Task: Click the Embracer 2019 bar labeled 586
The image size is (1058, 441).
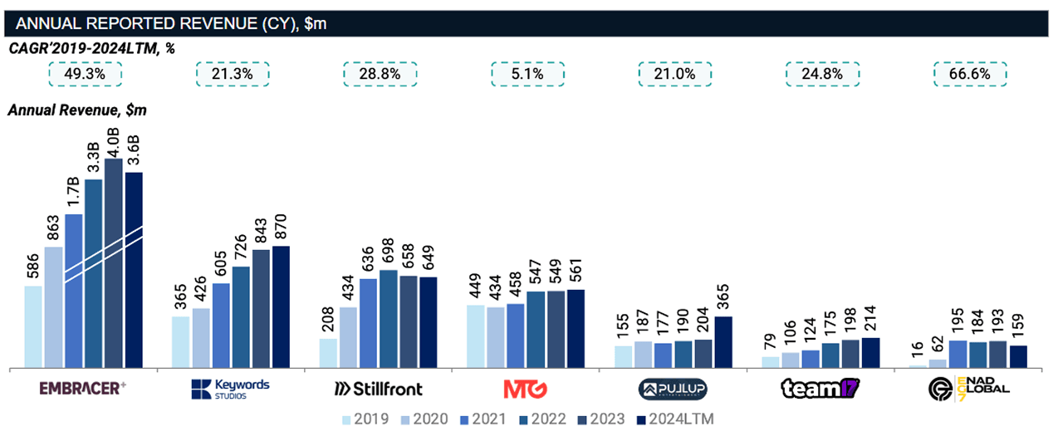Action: [x=33, y=326]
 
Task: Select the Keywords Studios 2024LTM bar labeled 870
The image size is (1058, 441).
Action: [x=281, y=306]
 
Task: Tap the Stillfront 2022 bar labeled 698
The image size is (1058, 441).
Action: [x=388, y=318]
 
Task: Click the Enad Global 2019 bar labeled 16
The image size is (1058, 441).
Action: [x=918, y=366]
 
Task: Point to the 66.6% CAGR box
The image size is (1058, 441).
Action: [x=970, y=74]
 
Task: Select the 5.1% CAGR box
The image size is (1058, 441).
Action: [x=527, y=74]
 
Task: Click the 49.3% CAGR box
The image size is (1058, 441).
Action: [x=85, y=74]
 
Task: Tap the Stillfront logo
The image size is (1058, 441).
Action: [x=378, y=389]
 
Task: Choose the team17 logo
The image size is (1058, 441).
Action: [x=820, y=388]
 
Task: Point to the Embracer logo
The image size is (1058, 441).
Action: [x=82, y=388]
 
